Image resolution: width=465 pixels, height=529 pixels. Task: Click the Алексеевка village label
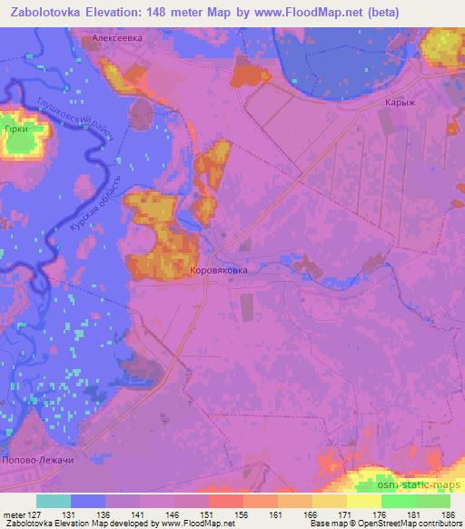pos(118,39)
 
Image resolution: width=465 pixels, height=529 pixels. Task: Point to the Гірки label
pos(15,131)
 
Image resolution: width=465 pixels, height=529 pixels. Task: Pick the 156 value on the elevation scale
pos(241,514)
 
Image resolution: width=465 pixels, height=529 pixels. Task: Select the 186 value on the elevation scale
pos(449,514)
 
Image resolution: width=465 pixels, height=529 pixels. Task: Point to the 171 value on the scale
pos(344,514)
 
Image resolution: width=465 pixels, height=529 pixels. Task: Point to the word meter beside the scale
pos(13,514)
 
